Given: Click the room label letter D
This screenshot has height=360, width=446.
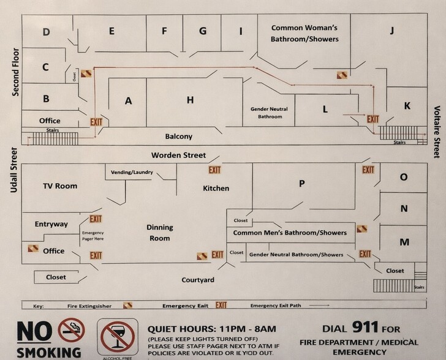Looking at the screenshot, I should point(47,32).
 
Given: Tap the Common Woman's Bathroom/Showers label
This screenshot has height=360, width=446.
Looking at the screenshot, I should point(304,33).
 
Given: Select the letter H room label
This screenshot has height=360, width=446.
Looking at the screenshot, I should point(191,100).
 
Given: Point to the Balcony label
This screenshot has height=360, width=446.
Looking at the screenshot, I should point(179,136).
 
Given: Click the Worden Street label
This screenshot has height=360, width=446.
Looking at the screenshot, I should point(179,155).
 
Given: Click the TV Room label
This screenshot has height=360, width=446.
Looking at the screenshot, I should point(60,186).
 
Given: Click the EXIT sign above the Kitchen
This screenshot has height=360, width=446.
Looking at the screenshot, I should point(214,170).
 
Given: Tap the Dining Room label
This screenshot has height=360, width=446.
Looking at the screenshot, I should point(159,233).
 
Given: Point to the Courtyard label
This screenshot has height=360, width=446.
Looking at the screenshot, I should point(197,280).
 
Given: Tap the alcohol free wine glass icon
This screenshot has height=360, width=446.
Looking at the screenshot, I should point(117,336).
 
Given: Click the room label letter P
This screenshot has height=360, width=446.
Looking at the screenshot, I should point(301,183).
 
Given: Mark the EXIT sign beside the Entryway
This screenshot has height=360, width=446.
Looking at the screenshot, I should point(96,219).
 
